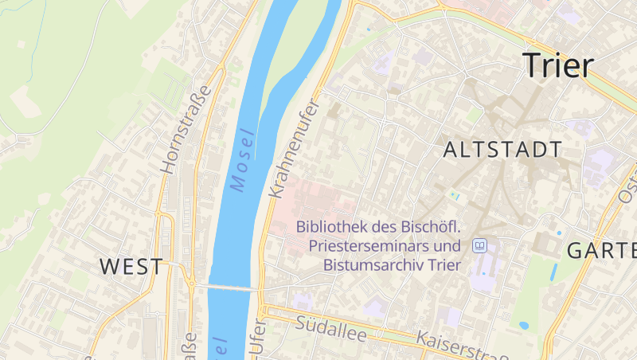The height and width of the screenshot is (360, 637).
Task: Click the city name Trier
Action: (558, 66)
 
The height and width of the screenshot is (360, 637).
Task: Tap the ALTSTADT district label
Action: (502, 150)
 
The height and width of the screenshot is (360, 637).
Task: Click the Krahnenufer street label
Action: (293, 149)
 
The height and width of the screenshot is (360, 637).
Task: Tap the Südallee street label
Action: (330, 328)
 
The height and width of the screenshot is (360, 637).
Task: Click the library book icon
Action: (480, 245)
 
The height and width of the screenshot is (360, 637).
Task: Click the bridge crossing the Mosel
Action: (227, 287)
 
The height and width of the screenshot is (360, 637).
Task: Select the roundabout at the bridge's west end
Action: (191, 282)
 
